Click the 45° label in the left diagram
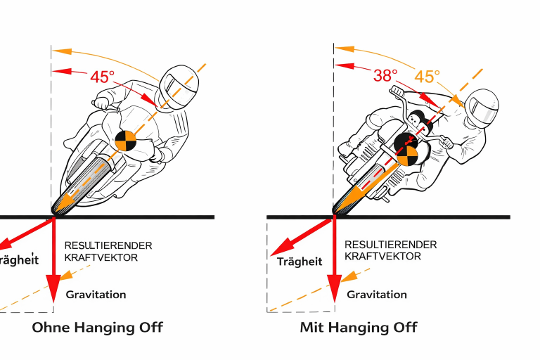point(102,77)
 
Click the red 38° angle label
point(385,75)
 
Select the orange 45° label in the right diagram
point(427,76)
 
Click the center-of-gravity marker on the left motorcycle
point(126,141)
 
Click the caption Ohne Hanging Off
point(98,327)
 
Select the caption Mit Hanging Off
point(359,327)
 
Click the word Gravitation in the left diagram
point(96,295)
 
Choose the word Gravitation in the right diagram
point(377,295)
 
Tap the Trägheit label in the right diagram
point(300,262)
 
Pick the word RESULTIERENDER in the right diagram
point(390,245)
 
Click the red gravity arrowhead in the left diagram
point(54,289)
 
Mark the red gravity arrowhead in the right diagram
point(334,289)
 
